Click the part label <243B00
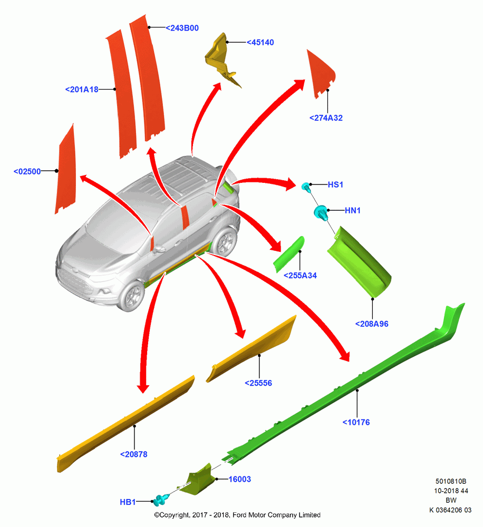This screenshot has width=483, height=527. (x=182, y=28)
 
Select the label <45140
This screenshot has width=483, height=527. (x=260, y=42)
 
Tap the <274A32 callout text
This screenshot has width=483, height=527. (x=326, y=118)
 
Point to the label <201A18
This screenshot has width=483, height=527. (x=82, y=90)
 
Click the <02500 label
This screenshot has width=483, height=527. (x=27, y=171)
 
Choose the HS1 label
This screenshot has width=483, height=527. (x=335, y=184)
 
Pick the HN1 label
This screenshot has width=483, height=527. (x=353, y=210)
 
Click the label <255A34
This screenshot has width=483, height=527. (x=300, y=276)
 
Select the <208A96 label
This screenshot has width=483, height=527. (x=372, y=324)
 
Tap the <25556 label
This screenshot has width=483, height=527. (x=258, y=383)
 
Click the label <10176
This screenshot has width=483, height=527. (x=356, y=423)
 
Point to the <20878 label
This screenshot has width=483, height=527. (x=133, y=454)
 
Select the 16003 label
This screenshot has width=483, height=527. (x=239, y=479)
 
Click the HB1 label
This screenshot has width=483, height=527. (x=128, y=502)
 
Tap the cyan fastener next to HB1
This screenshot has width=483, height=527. (x=161, y=500)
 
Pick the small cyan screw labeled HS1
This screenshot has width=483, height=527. (x=306, y=187)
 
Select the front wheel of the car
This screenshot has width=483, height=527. (x=132, y=296)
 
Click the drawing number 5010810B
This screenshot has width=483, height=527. (x=451, y=482)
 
